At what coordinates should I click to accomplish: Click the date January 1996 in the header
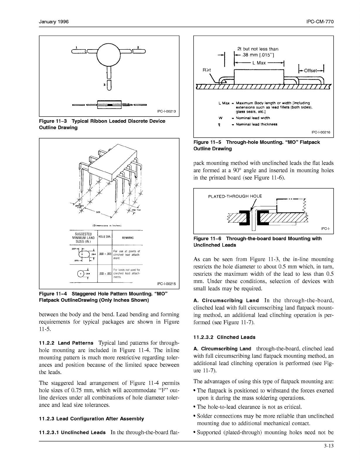tap(54, 22)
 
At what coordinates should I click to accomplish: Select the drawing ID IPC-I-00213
tap(166, 111)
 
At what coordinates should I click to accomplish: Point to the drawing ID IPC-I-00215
tap(166, 284)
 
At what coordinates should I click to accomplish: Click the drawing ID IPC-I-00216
tap(321, 132)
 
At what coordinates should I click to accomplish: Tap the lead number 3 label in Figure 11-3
tap(104, 85)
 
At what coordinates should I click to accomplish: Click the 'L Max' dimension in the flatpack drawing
tap(259, 63)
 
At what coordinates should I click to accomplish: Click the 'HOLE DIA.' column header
tap(105, 237)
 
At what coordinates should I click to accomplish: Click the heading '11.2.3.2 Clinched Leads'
tap(224, 337)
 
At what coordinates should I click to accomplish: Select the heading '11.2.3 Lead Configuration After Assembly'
tap(91, 419)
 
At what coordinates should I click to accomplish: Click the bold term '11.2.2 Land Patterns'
tap(66, 343)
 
